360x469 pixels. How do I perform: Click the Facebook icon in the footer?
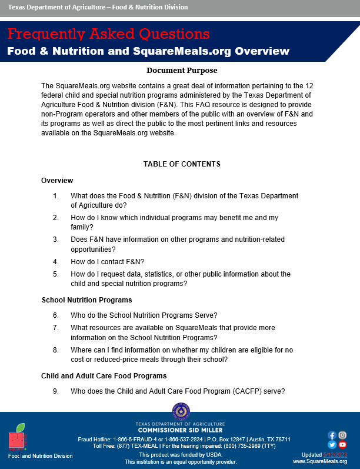(x=332, y=435)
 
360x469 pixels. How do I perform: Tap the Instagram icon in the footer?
(x=342, y=435)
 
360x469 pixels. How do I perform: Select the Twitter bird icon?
(x=332, y=445)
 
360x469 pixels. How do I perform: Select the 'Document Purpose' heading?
(x=180, y=71)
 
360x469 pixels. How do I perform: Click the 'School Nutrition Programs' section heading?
(x=86, y=300)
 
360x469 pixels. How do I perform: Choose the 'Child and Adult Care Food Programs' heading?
(x=104, y=375)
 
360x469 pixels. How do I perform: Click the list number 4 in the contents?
(x=56, y=261)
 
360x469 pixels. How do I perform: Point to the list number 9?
(x=56, y=391)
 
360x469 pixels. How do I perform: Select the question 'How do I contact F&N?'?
(x=107, y=261)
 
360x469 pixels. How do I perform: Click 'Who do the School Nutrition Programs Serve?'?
(x=144, y=315)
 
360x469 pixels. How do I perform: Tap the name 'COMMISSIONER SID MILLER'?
(x=181, y=430)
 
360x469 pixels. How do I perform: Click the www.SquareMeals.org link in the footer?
(x=320, y=462)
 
